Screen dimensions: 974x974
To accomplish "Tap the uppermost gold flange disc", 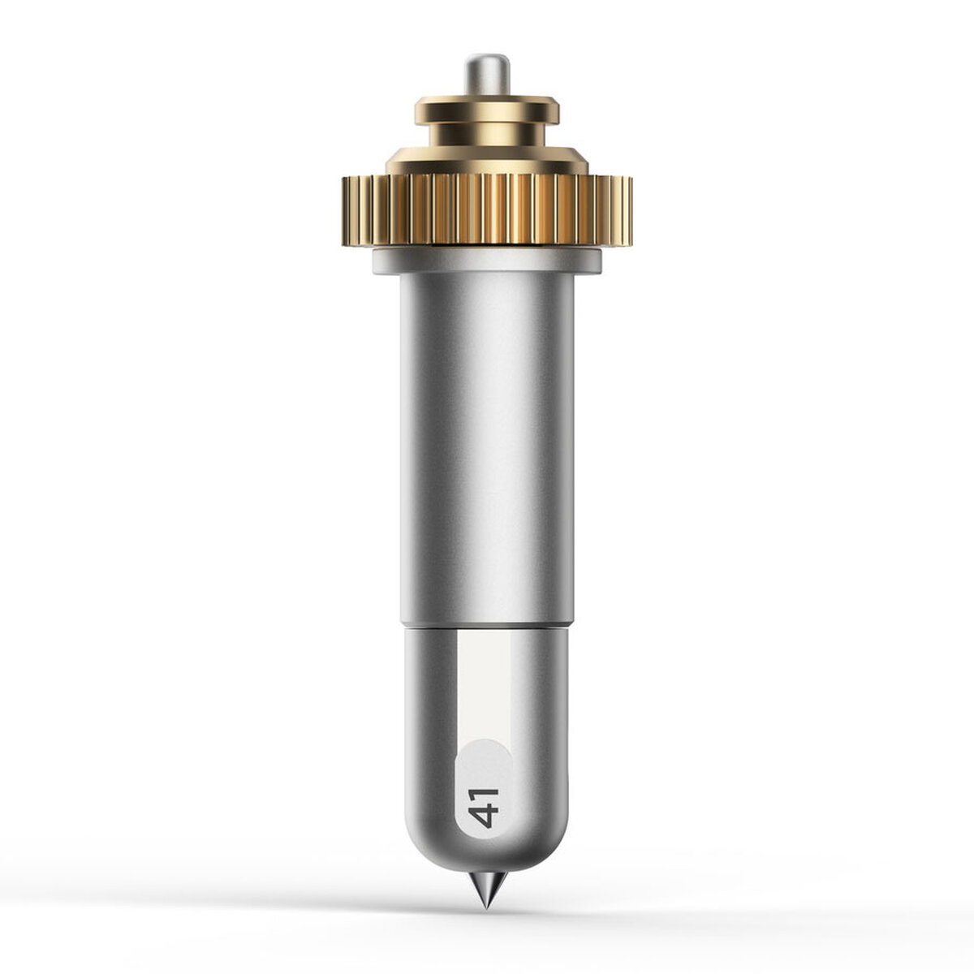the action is click(x=487, y=110).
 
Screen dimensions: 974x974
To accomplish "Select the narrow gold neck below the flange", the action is click(x=487, y=136).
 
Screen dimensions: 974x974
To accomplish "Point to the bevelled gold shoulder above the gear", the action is click(x=487, y=161).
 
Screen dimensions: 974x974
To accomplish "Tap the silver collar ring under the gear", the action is click(x=487, y=261).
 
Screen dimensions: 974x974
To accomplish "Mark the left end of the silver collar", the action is click(x=375, y=261).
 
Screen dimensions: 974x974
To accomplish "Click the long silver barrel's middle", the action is click(x=487, y=450).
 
